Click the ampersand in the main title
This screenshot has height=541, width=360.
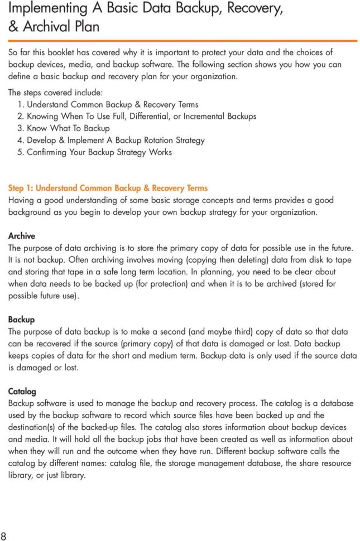coord(13,27)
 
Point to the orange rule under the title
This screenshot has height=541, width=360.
coord(182,40)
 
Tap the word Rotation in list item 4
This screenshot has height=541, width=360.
coord(158,140)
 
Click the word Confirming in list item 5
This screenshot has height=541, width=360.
coord(46,152)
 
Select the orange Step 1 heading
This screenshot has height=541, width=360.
coord(108,188)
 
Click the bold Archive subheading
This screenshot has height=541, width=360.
coord(21,236)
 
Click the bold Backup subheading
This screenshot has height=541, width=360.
coord(21,320)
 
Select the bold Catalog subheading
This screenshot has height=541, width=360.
coord(22,392)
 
